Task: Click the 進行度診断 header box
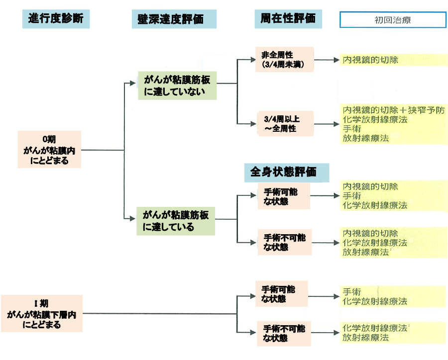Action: [x=56, y=19]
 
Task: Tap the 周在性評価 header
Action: [x=288, y=18]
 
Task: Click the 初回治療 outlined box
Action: [x=392, y=20]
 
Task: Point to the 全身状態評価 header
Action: [x=288, y=172]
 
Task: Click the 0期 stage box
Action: [x=49, y=149]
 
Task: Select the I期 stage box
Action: [x=41, y=314]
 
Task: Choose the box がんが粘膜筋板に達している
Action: [x=176, y=221]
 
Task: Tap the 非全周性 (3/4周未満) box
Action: [x=285, y=60]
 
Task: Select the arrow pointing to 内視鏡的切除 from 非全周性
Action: [x=326, y=60]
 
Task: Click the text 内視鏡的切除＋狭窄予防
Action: [x=393, y=110]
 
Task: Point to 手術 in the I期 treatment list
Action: [x=351, y=292]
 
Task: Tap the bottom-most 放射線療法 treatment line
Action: [x=365, y=338]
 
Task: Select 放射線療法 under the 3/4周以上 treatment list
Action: [x=365, y=138]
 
